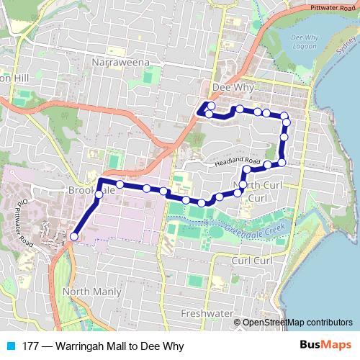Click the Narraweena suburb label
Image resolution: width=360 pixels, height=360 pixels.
point(120,63)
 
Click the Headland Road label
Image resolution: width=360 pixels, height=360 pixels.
point(236,163)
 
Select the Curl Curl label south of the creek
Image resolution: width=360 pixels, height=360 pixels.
point(251,260)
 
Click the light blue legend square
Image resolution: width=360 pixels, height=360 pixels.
point(10,346)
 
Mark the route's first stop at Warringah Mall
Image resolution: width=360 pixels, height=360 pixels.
point(73,235)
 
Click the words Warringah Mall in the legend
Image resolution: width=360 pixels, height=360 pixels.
point(93,346)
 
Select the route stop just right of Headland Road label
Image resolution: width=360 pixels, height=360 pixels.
point(267,165)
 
